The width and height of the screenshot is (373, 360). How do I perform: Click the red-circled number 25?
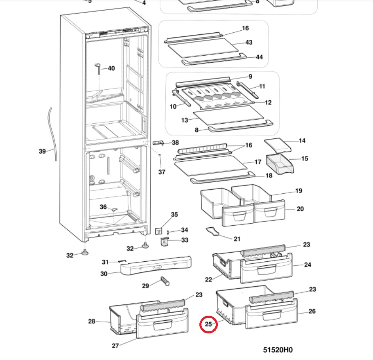[x=208, y=324]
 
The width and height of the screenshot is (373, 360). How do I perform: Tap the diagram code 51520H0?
[x=278, y=350]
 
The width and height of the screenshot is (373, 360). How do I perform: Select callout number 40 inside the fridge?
[x=111, y=68]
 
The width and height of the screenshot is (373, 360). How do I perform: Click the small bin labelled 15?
[x=280, y=164]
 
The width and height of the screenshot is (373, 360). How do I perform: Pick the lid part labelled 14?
[x=278, y=145]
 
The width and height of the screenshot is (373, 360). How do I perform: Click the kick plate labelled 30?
[x=156, y=265]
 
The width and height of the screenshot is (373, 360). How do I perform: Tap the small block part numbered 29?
[x=165, y=281]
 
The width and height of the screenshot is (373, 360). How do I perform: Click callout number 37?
[x=162, y=172]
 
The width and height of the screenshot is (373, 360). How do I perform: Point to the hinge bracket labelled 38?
[x=158, y=143]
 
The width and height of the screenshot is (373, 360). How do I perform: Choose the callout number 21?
[x=237, y=239]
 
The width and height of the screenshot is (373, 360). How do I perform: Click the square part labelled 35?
[x=158, y=231]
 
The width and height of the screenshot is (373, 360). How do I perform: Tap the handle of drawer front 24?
[x=267, y=269]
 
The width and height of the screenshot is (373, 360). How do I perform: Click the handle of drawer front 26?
[x=272, y=315]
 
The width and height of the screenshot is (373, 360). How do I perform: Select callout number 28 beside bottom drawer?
[x=92, y=321]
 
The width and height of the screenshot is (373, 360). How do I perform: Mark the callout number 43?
[x=249, y=42]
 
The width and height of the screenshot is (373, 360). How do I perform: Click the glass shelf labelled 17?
[x=211, y=165]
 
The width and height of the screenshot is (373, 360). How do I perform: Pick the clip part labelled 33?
[x=164, y=242]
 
